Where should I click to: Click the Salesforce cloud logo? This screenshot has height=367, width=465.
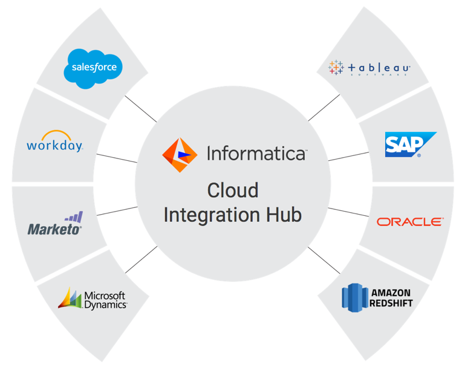click(x=93, y=68)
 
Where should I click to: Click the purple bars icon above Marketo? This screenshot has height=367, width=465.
click(x=74, y=216)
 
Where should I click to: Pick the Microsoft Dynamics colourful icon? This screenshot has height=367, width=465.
click(x=70, y=297)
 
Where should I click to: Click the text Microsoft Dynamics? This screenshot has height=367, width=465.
click(x=105, y=300)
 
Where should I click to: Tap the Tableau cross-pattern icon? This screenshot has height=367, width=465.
click(x=336, y=68)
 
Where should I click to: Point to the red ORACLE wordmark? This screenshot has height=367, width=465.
click(x=409, y=222)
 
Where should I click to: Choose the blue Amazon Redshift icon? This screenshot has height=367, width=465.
click(x=354, y=296)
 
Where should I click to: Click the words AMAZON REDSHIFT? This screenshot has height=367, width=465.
click(x=391, y=297)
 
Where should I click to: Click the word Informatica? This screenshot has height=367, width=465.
click(x=256, y=154)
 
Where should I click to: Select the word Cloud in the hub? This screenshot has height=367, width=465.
click(x=232, y=190)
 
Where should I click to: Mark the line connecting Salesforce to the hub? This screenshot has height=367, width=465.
click(x=140, y=108)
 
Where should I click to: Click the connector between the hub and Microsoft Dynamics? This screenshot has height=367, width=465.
click(x=141, y=259)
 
